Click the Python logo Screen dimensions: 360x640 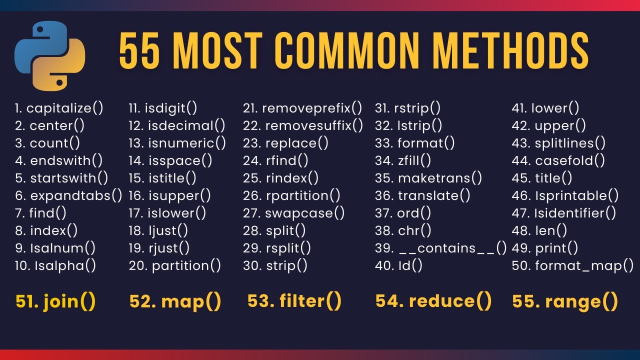click(x=50, y=55)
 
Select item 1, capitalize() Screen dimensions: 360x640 click(x=59, y=108)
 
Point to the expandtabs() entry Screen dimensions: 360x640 click(x=68, y=195)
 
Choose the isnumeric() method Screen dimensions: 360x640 click(x=177, y=143)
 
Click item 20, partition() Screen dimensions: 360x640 click(x=174, y=265)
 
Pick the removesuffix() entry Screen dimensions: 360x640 click(x=303, y=125)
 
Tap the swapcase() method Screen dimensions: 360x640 click(x=294, y=213)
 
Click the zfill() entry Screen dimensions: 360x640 click(x=403, y=160)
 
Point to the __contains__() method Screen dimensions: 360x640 click(x=441, y=248)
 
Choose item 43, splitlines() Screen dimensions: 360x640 click(x=558, y=143)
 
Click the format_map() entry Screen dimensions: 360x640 click(x=572, y=265)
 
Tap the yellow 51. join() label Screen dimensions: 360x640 click(x=55, y=301)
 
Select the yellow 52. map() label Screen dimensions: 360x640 click(x=175, y=301)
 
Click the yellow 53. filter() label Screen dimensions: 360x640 click(x=294, y=301)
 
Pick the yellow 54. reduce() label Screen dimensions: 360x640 click(x=433, y=301)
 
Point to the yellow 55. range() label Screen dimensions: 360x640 click(x=565, y=301)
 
